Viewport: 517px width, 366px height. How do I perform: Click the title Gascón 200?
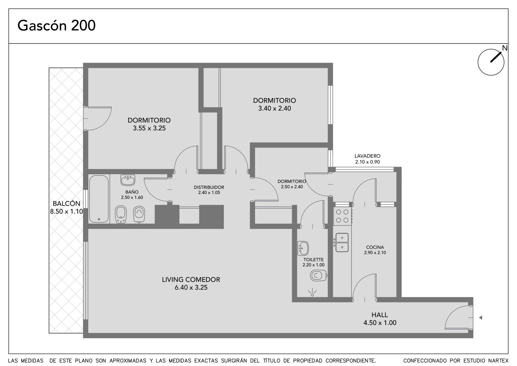tap(56, 26)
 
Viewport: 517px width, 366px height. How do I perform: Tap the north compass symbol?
tap(491, 62)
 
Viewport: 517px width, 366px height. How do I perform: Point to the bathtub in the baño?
tap(99, 199)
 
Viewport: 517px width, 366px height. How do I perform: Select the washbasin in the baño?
tap(128, 180)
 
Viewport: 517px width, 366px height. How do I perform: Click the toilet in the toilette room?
tap(319, 276)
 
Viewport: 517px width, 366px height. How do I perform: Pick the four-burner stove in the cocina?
tap(342, 216)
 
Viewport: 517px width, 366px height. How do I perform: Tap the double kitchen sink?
tap(342, 242)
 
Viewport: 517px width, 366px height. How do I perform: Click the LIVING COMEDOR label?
tap(191, 280)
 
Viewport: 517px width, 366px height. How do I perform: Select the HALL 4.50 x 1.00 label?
tap(380, 319)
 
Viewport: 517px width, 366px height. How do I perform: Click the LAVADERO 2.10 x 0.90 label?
tap(367, 159)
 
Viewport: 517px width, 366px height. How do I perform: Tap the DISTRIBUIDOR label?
tap(209, 187)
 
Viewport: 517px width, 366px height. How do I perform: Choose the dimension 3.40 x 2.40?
tap(274, 108)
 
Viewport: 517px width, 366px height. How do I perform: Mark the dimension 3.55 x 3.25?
tap(149, 128)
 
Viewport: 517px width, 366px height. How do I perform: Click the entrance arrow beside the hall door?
tap(480, 318)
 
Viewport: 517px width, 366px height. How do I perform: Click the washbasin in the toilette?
tap(303, 248)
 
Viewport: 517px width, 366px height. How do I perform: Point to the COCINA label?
tap(375, 247)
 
